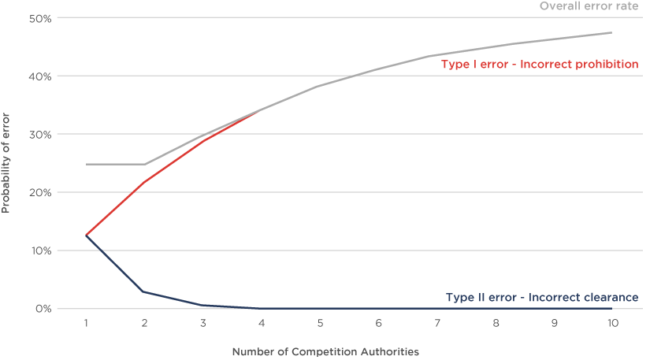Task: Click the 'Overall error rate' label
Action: click(x=588, y=6)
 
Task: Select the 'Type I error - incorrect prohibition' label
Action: click(x=539, y=65)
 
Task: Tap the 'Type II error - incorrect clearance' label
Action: click(x=541, y=298)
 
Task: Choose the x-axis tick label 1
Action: click(x=86, y=323)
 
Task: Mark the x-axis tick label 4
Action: click(x=261, y=323)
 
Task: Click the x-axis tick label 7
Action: click(x=436, y=323)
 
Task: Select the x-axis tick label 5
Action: click(x=319, y=323)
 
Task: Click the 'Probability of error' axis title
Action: click(x=7, y=173)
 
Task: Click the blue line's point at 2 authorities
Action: click(x=144, y=292)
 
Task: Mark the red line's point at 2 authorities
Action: click(x=144, y=183)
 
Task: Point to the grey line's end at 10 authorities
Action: click(x=611, y=32)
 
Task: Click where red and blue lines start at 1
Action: click(x=87, y=235)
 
